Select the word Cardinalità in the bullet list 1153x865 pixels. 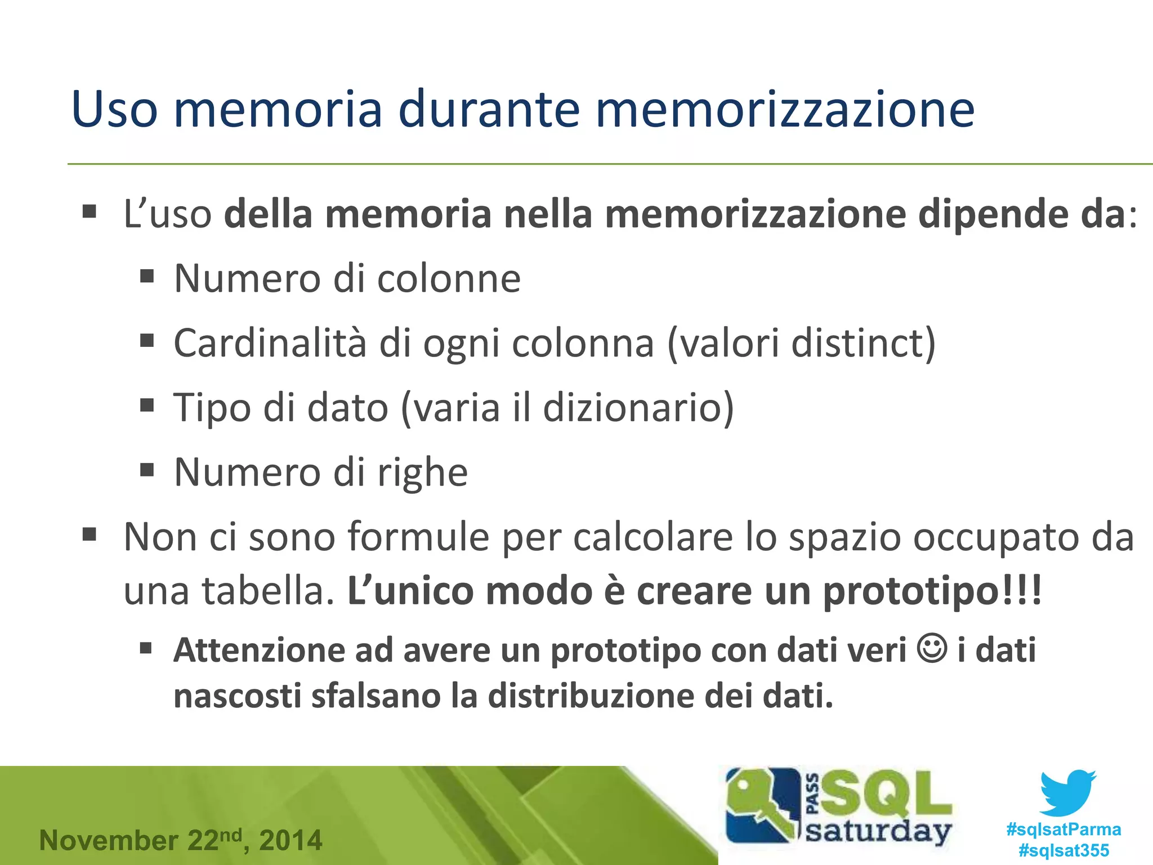point(270,343)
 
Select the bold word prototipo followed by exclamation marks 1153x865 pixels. point(912,591)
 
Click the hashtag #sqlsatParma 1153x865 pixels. point(1063,830)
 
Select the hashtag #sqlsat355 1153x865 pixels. point(1063,850)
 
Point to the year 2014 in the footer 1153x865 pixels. point(291,840)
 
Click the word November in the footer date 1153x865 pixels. point(109,840)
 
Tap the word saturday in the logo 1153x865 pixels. point(878,832)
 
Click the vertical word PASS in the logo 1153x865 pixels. point(812,794)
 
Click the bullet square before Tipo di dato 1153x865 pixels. point(147,405)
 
